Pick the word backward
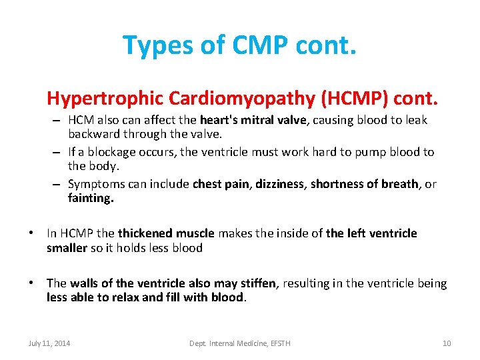click(x=92, y=133)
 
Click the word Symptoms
click(x=95, y=184)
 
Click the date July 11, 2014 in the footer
click(x=49, y=343)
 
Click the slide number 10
click(x=447, y=343)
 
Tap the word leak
click(x=416, y=120)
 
